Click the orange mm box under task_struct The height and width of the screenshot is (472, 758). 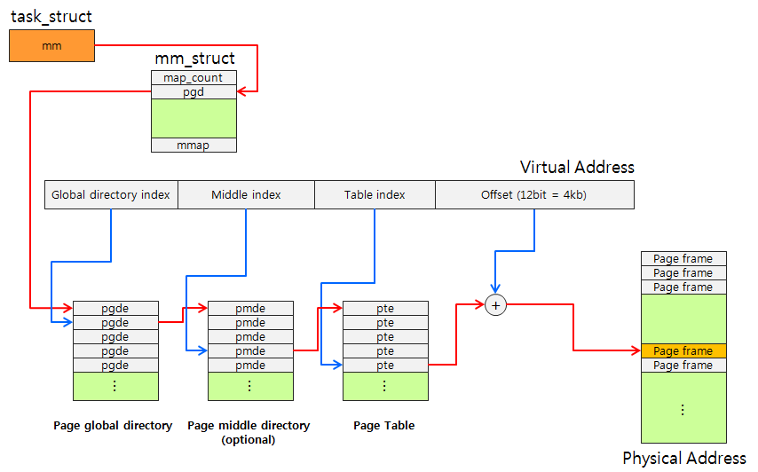[x=51, y=46]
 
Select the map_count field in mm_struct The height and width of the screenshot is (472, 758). [x=193, y=78]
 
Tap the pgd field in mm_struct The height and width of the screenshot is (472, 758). [x=193, y=92]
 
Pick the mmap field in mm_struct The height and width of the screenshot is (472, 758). [x=193, y=146]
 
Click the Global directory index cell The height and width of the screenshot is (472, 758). [x=111, y=194]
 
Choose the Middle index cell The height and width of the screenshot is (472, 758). [x=246, y=194]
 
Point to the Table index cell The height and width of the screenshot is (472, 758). [x=375, y=194]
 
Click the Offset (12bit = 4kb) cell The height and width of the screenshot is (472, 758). [x=534, y=194]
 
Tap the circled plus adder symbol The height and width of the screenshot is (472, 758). [x=496, y=305]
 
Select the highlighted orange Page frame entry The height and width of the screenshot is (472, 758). [x=683, y=351]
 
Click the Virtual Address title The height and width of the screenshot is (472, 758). [x=577, y=168]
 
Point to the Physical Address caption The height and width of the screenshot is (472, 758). [x=684, y=459]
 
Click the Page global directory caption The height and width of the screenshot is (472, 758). [x=113, y=426]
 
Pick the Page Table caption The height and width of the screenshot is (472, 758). [x=384, y=426]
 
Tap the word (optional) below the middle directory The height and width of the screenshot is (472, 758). [x=249, y=440]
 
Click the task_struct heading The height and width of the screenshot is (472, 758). [x=51, y=17]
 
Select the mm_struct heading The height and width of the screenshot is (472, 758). [x=195, y=59]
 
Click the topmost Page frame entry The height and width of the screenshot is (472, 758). [x=683, y=259]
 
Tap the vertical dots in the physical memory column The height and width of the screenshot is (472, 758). [x=683, y=410]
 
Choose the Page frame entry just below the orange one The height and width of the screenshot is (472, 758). [x=683, y=366]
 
